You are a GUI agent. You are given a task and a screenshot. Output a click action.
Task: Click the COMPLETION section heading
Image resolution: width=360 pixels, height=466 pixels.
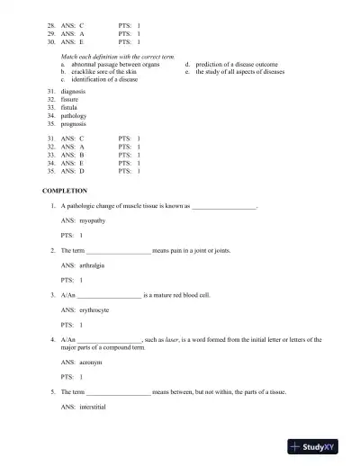(x=65, y=191)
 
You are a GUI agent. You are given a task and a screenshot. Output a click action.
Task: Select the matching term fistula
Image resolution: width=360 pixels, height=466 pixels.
(x=71, y=108)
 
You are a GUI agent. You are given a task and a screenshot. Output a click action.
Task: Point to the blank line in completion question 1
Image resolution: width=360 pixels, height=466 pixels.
(x=225, y=206)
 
